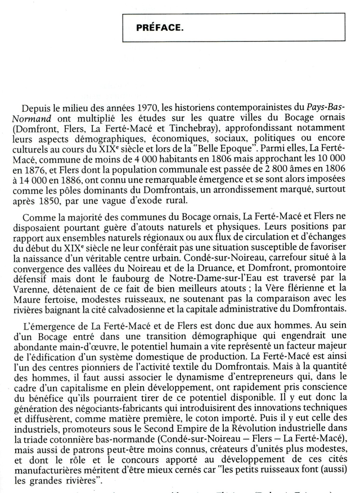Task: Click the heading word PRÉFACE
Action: tap(159, 28)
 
